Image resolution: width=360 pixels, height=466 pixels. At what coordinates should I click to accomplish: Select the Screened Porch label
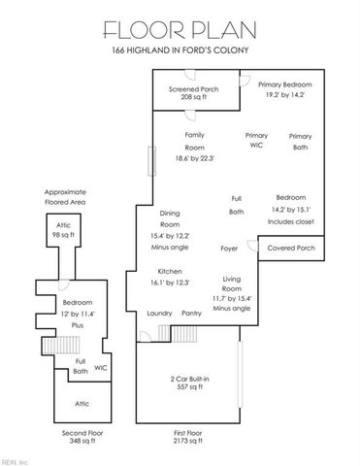coord(193,93)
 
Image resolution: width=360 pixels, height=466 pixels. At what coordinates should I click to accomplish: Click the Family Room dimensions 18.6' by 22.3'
coord(194,158)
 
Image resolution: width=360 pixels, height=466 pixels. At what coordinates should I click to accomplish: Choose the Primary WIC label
coord(256,141)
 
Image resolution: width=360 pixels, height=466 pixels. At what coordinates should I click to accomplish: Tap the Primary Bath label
coord(301,142)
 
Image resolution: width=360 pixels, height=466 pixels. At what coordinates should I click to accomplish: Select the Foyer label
coord(230,248)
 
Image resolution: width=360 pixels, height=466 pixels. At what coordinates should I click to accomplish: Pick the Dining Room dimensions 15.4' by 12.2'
coord(170,235)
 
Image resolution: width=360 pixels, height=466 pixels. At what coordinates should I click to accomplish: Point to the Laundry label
coord(159,314)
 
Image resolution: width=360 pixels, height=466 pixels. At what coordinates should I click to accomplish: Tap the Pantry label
coord(191,314)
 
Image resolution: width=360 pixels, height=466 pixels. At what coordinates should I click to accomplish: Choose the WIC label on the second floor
coord(100,367)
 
